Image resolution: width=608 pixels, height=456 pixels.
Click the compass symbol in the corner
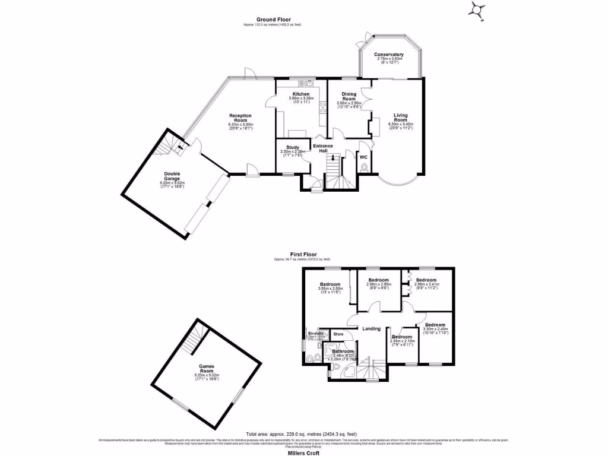[x=477, y=9]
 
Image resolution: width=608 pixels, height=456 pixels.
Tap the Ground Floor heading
[x=273, y=20]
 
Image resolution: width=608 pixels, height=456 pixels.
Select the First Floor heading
[x=302, y=255]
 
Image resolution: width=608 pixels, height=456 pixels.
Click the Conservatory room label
[x=389, y=55]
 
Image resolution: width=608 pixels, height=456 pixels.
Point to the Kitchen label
[x=300, y=94]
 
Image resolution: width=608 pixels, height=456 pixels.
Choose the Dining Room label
[x=349, y=96]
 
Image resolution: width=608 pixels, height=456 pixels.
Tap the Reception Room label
[x=241, y=118]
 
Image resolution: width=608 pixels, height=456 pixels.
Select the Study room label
[x=292, y=148]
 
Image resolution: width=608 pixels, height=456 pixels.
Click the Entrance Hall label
[x=323, y=148]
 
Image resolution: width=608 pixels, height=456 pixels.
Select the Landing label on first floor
[x=372, y=329]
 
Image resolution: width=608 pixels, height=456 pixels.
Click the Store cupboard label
[x=338, y=334]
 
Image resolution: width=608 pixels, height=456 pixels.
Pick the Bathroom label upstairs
[x=343, y=351]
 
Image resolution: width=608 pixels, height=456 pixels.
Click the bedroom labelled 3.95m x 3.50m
[x=330, y=284]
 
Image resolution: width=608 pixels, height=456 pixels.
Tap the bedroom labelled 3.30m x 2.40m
[x=435, y=325]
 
